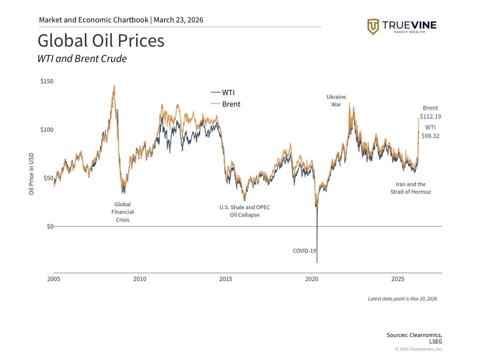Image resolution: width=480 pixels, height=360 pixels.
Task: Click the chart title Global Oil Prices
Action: pyautogui.click(x=101, y=41)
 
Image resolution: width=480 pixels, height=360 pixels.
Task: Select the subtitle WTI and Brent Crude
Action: pyautogui.click(x=82, y=59)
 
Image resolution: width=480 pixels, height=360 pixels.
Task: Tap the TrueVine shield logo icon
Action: pyautogui.click(x=373, y=27)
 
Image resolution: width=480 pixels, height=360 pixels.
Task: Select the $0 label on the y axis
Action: pyautogui.click(x=49, y=226)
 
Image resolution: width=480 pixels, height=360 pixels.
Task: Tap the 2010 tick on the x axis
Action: pyautogui.click(x=139, y=279)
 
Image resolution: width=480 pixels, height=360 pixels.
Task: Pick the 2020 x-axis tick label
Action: pyautogui.click(x=312, y=279)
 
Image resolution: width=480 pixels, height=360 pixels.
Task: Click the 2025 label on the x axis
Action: pyautogui.click(x=397, y=279)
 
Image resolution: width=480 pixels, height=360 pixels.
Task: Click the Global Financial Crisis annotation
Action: pyautogui.click(x=122, y=212)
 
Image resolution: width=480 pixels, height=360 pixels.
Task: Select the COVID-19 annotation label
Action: pyautogui.click(x=305, y=251)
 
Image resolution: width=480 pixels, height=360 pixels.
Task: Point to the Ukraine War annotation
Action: pyautogui.click(x=336, y=101)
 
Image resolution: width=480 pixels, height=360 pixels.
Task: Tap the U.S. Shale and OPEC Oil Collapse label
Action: pyautogui.click(x=245, y=211)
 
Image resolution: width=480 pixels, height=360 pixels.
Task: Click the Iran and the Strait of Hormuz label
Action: pyautogui.click(x=410, y=188)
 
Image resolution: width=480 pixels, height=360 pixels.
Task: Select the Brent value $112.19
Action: pyautogui.click(x=430, y=117)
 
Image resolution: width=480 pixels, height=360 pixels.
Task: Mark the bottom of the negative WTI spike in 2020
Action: pyautogui.click(x=317, y=262)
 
